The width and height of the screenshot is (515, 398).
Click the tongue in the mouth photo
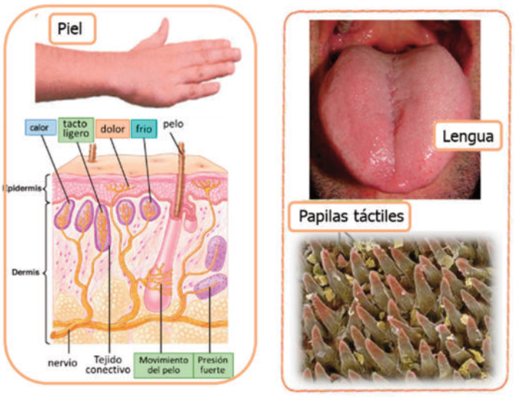[390, 130]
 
